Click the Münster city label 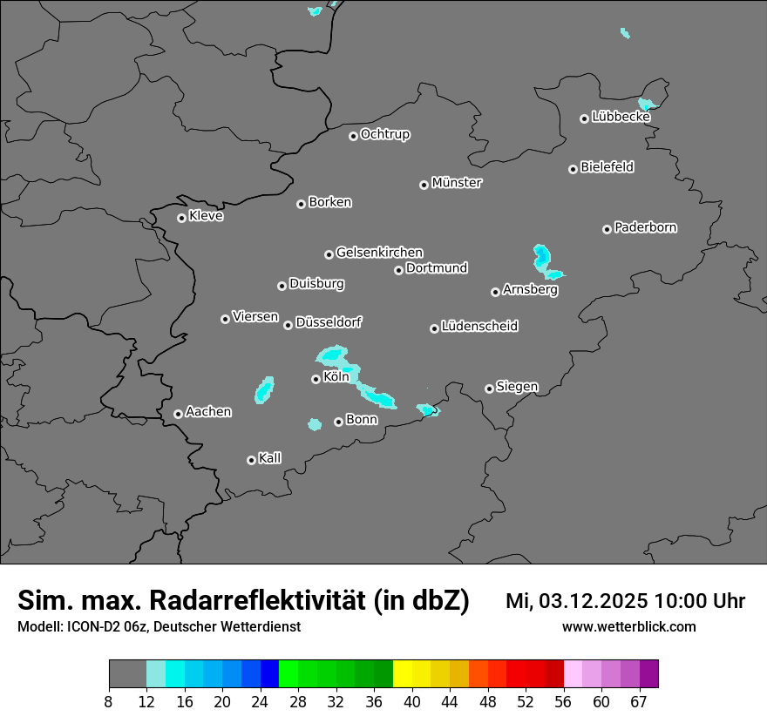click(457, 183)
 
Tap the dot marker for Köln click(316, 379)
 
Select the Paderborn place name click(646, 227)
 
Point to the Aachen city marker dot click(178, 414)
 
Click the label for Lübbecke click(621, 117)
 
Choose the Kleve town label click(206, 216)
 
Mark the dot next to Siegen click(489, 389)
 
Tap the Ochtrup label click(385, 134)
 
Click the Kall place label click(270, 458)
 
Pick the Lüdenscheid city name click(479, 327)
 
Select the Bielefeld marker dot click(573, 169)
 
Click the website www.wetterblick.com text click(629, 626)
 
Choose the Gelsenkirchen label click(379, 253)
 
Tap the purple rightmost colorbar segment click(649, 674)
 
